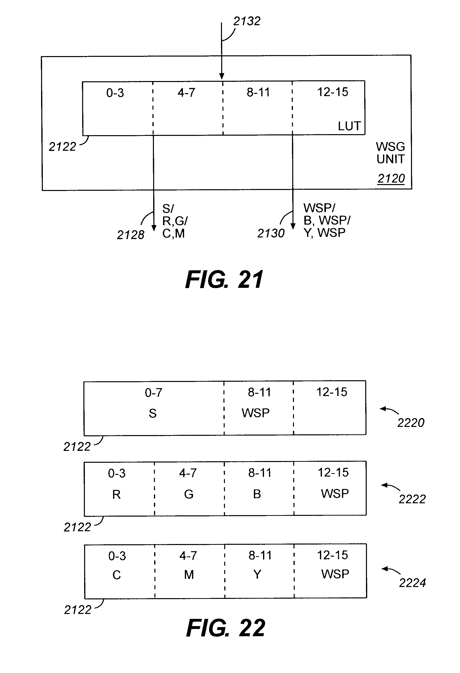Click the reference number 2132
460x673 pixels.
[x=247, y=21]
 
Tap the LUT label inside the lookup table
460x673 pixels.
[x=349, y=126]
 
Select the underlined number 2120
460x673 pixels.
[x=391, y=178]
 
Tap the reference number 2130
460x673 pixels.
[x=271, y=233]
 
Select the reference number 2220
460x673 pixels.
[x=411, y=423]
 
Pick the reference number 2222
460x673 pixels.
[x=412, y=499]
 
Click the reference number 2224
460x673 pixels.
[x=412, y=583]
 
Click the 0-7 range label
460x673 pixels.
[x=153, y=393]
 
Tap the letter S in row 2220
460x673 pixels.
[x=153, y=413]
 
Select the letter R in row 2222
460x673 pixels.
[x=116, y=495]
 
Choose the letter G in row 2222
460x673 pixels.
[x=189, y=494]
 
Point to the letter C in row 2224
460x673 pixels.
[x=117, y=575]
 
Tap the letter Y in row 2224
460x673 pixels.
[x=257, y=574]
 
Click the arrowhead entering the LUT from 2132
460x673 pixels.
[x=222, y=76]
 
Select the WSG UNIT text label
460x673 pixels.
[x=390, y=153]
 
